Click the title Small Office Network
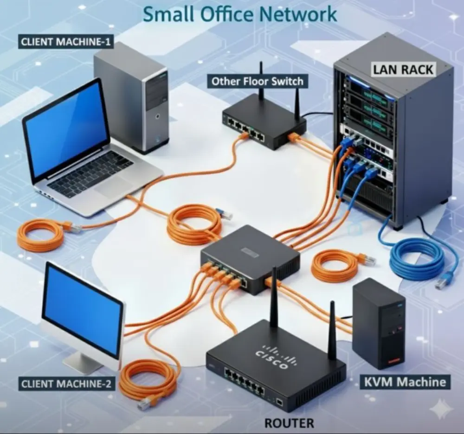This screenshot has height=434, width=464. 239,14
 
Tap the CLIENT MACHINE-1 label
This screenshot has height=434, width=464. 66,42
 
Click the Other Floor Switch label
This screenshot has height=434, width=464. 257,82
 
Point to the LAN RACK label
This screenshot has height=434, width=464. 403,70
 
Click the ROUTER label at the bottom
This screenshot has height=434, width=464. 289,423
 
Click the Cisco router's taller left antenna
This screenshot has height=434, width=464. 274,297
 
